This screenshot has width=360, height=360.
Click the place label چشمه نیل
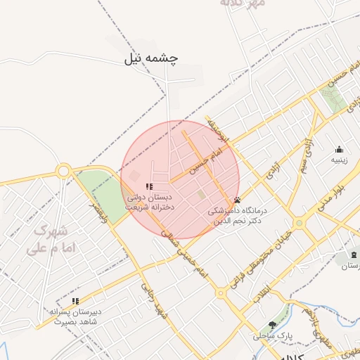click(x=151, y=59)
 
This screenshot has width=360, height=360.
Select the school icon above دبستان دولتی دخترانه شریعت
click(x=148, y=186)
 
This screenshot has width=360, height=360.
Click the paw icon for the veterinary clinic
click(x=237, y=200)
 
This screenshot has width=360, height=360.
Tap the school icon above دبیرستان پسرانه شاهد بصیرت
click(x=76, y=301)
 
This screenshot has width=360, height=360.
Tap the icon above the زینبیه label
click(x=340, y=149)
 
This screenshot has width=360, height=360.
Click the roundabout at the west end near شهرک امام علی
click(x=64, y=170)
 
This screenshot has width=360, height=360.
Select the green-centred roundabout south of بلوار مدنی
click(x=300, y=223)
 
